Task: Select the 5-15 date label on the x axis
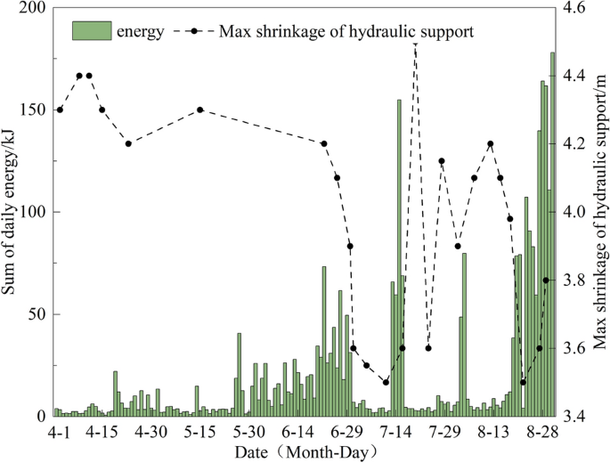pyautogui.click(x=199, y=433)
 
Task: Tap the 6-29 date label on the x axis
pyautogui.click(x=346, y=433)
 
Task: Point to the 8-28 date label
pyautogui.click(x=541, y=433)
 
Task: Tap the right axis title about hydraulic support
pyautogui.click(x=598, y=212)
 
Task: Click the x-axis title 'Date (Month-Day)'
pyautogui.click(x=306, y=452)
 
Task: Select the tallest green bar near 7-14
pyautogui.click(x=399, y=257)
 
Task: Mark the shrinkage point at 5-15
pyautogui.click(x=200, y=110)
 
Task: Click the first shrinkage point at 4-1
pyautogui.click(x=60, y=110)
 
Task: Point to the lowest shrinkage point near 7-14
pyautogui.click(x=386, y=382)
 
